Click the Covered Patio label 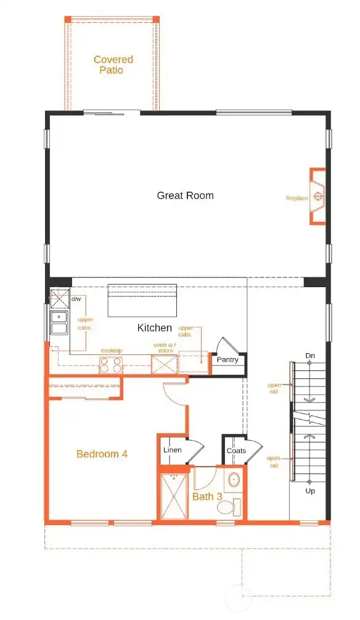pyautogui.click(x=113, y=65)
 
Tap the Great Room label pyautogui.click(x=185, y=195)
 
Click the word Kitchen pyautogui.click(x=154, y=328)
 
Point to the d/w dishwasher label pyautogui.click(x=76, y=300)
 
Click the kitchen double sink pyautogui.click(x=59, y=323)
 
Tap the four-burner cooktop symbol pyautogui.click(x=111, y=365)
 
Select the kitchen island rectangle pyautogui.click(x=142, y=300)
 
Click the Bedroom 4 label pyautogui.click(x=102, y=454)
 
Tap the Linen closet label pyautogui.click(x=172, y=451)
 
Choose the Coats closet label pyautogui.click(x=235, y=451)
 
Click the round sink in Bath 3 pyautogui.click(x=234, y=479)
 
